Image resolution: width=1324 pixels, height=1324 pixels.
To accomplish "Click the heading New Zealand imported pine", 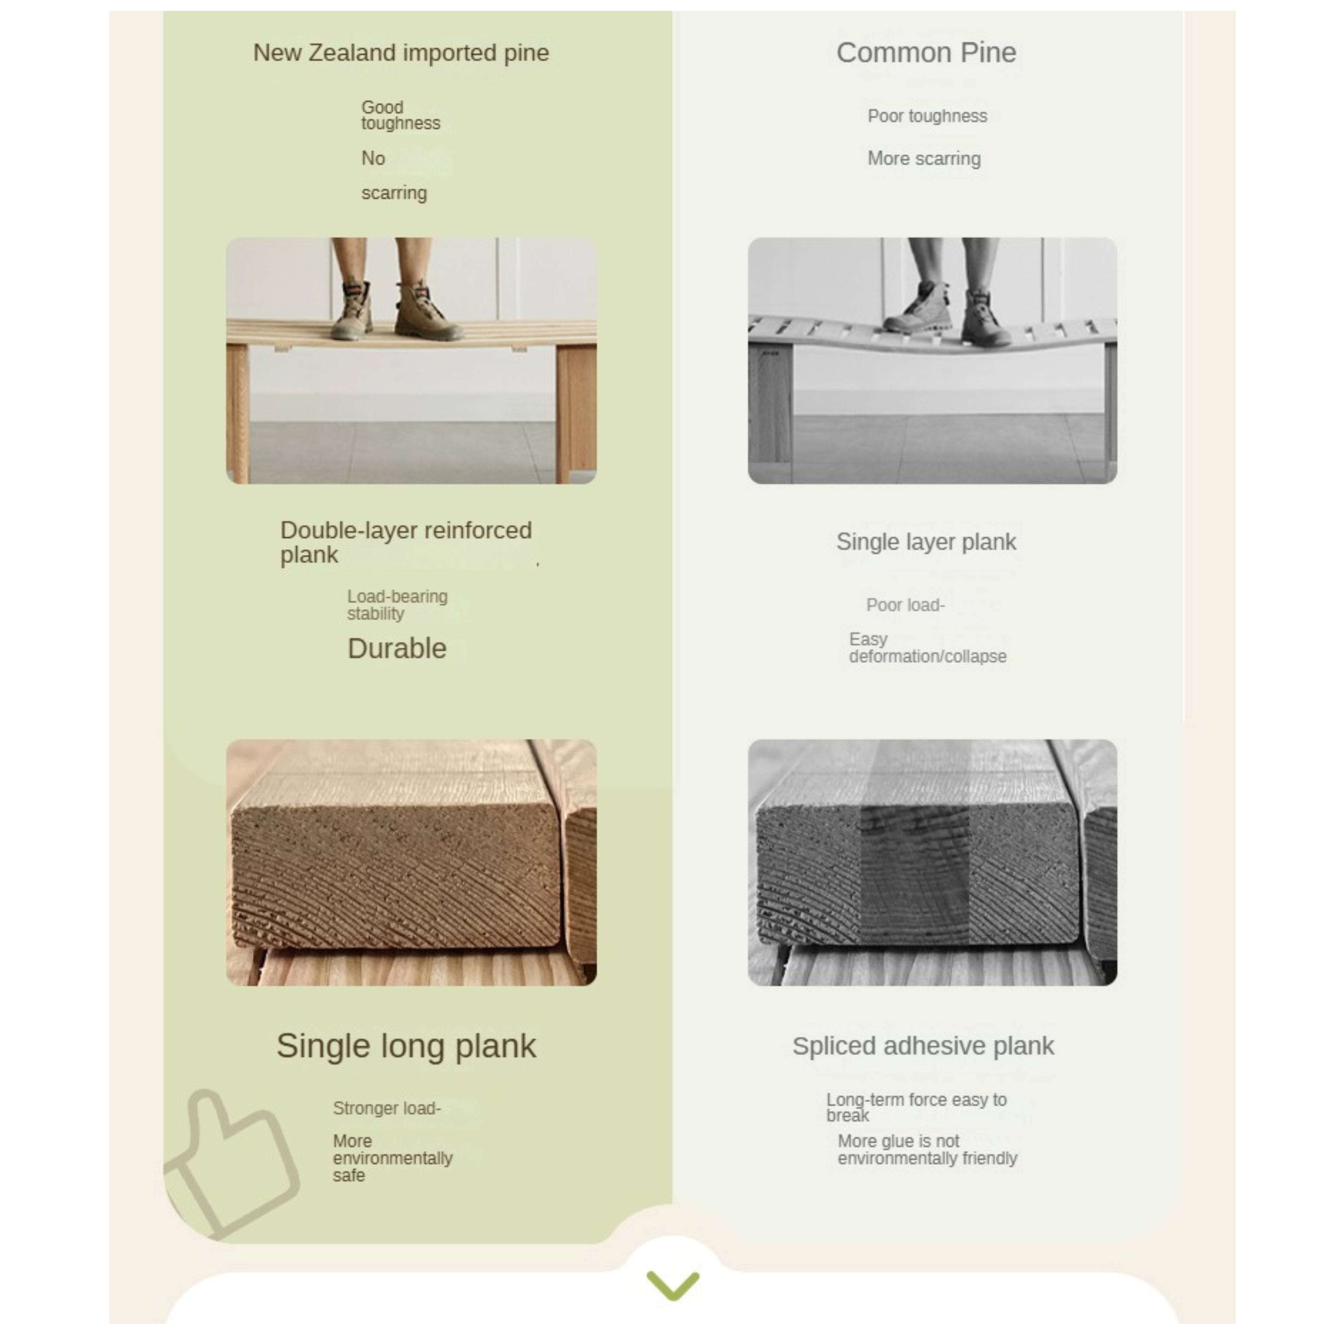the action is click(401, 53).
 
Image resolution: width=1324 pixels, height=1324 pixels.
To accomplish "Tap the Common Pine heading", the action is click(926, 53).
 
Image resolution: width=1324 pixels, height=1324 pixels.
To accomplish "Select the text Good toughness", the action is click(400, 115).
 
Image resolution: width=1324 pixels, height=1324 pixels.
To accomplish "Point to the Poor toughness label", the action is click(927, 116).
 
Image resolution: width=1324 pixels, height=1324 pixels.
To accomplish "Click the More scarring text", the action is click(924, 158).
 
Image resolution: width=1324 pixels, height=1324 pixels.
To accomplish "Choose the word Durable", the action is click(397, 648).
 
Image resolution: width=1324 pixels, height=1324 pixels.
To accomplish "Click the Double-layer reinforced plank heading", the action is click(406, 542).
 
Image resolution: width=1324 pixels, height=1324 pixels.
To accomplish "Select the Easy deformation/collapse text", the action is click(927, 648).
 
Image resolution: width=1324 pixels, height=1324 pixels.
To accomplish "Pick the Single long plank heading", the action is click(406, 1046).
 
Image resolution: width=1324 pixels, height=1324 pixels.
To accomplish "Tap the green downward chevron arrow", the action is click(673, 1286).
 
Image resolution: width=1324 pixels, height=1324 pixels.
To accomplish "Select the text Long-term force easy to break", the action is click(916, 1107).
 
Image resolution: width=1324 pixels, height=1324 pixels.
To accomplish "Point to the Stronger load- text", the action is click(386, 1108).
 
